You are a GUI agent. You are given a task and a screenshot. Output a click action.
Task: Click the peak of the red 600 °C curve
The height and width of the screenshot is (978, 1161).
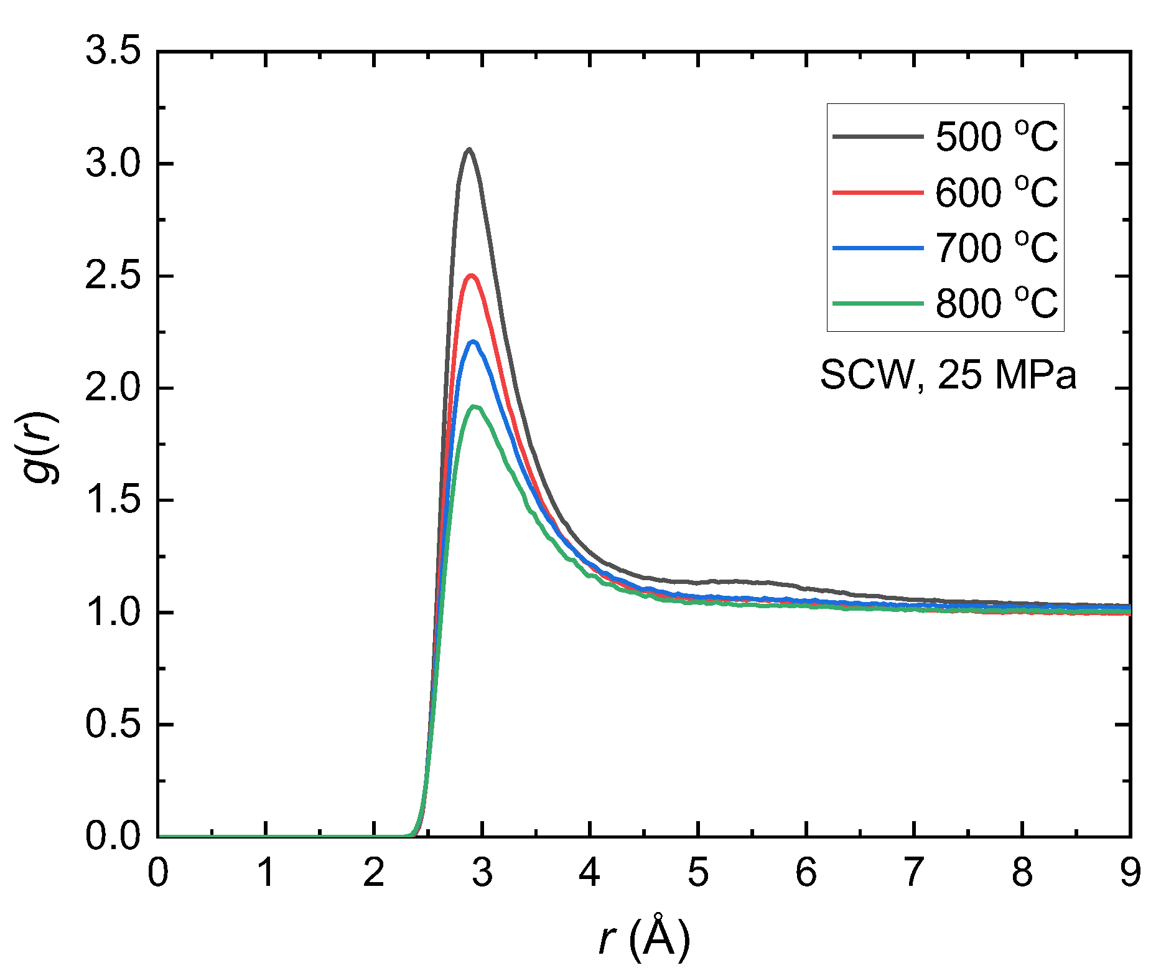[x=472, y=276]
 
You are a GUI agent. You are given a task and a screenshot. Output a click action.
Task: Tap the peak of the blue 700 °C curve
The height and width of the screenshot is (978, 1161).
[x=473, y=342]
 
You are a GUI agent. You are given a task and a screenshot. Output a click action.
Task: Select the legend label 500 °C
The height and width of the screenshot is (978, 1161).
[x=996, y=136]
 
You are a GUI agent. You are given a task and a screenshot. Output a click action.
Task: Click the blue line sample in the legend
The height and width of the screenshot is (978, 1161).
[x=878, y=248]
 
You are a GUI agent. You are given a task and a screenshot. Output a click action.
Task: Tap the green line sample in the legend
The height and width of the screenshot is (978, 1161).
[x=878, y=304]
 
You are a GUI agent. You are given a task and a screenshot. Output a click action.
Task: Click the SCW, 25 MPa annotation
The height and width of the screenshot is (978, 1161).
[x=948, y=375]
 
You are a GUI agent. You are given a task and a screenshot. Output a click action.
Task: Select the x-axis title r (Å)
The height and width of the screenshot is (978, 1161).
[x=644, y=938]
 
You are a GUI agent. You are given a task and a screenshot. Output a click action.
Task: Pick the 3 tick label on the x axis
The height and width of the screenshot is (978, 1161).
[x=482, y=873]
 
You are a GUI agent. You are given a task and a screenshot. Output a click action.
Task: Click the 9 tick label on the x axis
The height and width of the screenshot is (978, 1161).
[x=1130, y=873]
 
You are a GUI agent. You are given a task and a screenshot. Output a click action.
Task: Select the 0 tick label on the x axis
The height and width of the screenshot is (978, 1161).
[x=158, y=873]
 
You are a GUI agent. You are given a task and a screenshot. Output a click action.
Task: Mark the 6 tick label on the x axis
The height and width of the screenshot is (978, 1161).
[x=806, y=873]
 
